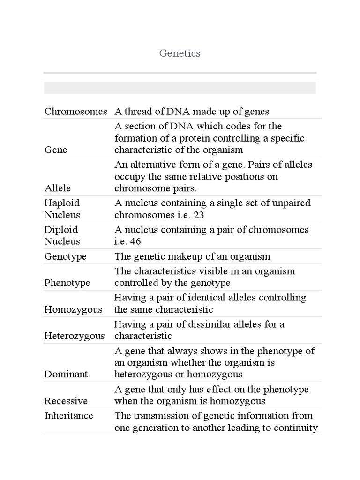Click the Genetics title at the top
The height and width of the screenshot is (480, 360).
180,53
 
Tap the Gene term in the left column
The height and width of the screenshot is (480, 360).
56,150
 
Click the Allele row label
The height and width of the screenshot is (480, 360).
58,188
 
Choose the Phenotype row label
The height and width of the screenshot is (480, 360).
67,283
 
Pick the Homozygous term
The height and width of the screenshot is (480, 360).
73,310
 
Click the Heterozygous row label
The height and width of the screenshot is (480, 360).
75,336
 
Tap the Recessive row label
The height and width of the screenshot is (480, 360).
66,401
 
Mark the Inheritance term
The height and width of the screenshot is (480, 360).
68,416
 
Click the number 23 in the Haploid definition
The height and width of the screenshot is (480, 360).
200,215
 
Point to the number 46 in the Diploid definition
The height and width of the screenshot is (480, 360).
135,241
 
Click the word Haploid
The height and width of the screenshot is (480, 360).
62,203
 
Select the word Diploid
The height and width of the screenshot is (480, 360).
61,230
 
